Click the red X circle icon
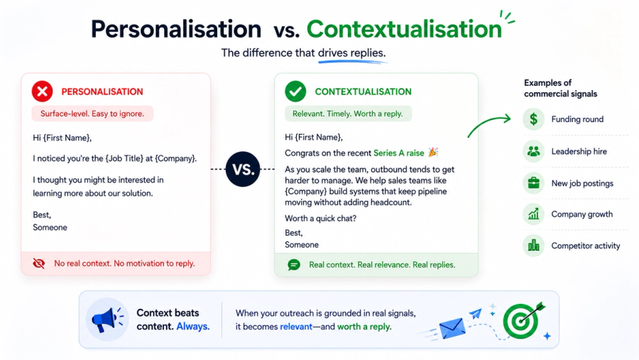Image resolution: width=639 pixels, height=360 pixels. pos(43,91)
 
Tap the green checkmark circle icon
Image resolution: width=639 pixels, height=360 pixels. pos(295,91)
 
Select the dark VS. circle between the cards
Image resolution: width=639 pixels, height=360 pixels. pos(243,169)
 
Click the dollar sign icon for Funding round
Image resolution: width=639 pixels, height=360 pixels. pos(533,119)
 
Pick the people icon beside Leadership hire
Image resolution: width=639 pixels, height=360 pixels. pos(533,151)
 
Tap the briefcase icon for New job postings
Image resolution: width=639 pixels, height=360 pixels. pos(533,183)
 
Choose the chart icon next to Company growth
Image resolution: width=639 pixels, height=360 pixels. pos(533,214)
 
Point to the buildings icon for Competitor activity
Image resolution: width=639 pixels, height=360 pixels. pos(533,246)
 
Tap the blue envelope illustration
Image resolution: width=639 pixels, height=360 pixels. pos(452,328)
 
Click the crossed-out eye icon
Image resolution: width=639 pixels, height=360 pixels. pos(39,263)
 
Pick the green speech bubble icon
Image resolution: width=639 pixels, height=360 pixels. pos(294,265)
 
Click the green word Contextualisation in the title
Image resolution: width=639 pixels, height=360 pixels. pos(404,29)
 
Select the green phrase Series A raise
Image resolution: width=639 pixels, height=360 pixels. pos(398,153)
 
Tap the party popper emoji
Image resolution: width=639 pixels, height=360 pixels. pos(433,152)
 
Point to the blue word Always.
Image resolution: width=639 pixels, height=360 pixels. pos(192,327)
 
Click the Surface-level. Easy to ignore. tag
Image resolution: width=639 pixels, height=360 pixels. pos(92,114)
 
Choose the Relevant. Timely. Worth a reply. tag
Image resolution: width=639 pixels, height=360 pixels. pos(348,114)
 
